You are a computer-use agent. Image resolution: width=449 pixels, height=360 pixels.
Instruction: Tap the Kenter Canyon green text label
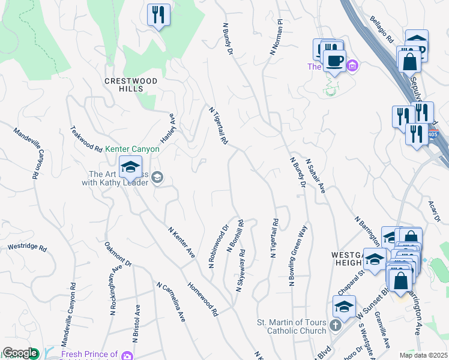coord(132,149)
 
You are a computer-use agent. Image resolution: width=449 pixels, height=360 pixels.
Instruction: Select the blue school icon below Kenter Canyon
coord(130,169)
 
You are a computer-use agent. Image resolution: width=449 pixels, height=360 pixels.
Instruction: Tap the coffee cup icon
coord(334,60)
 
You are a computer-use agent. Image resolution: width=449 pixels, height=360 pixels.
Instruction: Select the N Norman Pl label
coord(276,37)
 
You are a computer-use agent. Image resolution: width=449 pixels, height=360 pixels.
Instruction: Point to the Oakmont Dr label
coord(118,254)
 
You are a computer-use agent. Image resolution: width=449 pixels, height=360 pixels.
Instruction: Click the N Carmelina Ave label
coord(171,302)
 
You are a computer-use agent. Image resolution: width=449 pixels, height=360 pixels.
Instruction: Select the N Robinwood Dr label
coord(219,246)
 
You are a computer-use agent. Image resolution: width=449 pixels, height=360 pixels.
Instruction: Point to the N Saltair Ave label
coord(315,176)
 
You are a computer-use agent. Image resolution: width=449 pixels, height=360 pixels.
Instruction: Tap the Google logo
coord(20,353)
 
